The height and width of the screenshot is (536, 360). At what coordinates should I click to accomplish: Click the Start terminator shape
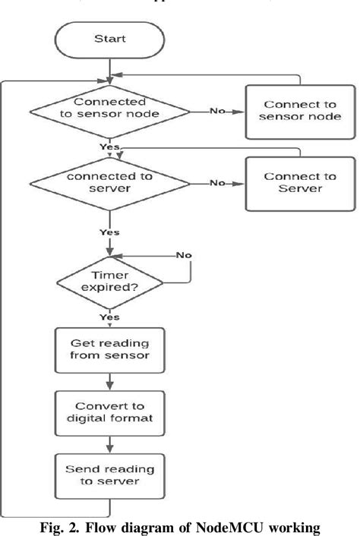click(x=112, y=38)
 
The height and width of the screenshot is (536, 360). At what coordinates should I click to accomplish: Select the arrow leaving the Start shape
click(x=112, y=67)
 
